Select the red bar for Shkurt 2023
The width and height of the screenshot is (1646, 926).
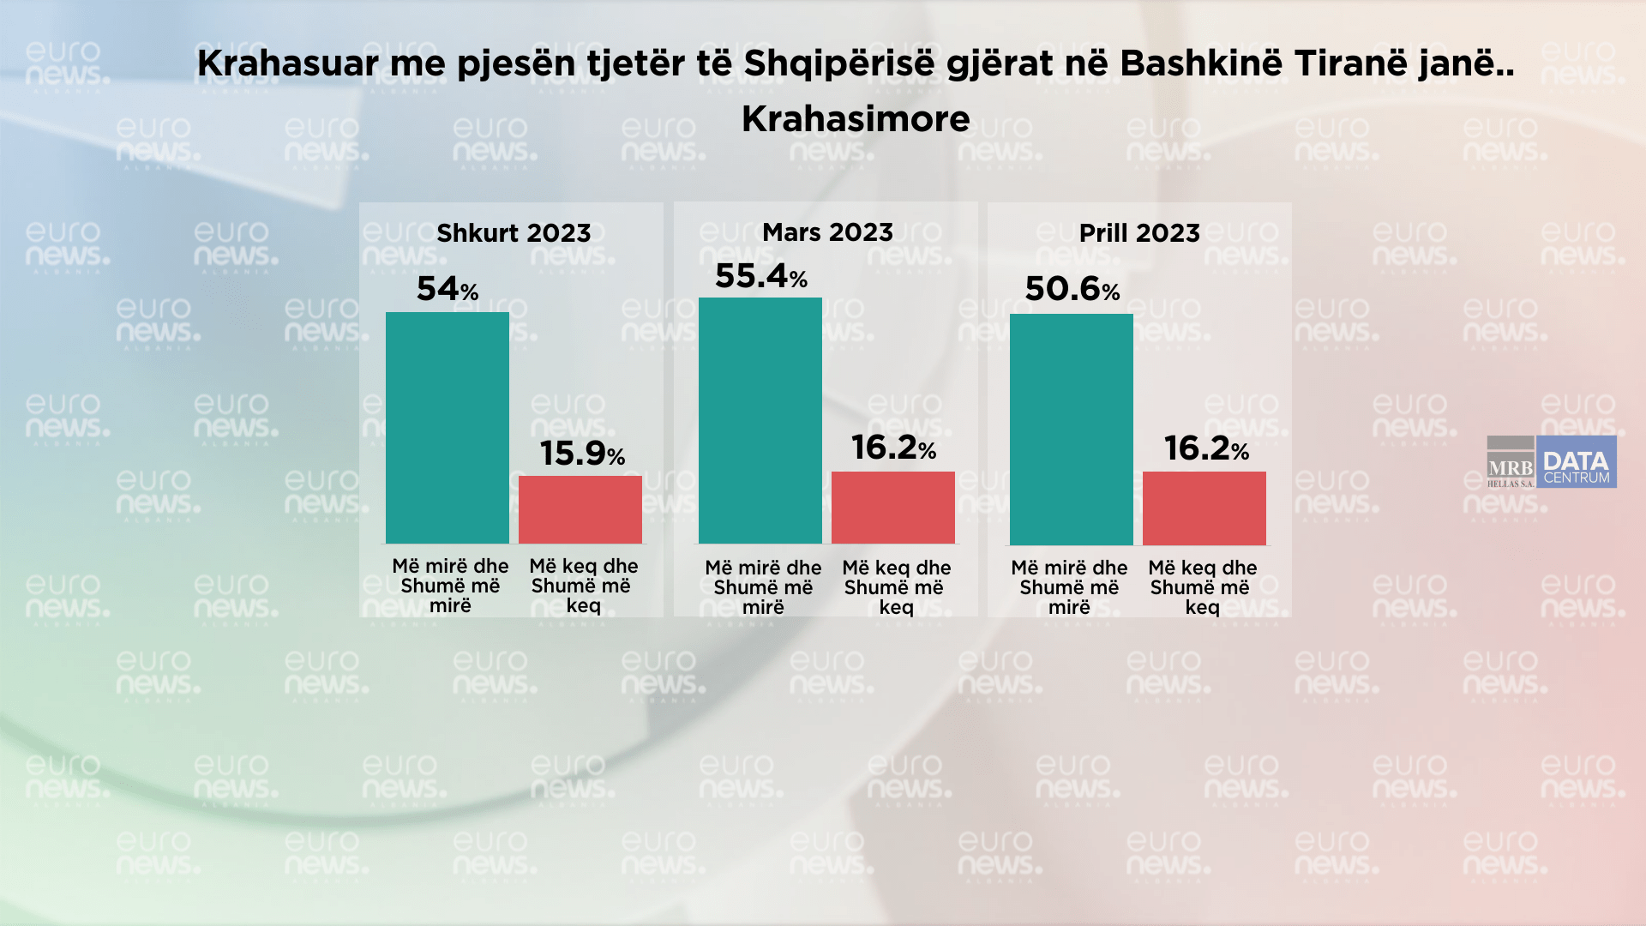coord(580,509)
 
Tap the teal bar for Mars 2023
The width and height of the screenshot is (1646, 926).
coord(760,420)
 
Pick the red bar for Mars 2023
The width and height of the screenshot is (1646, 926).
coord(892,507)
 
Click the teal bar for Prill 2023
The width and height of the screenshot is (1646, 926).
coord(1071,429)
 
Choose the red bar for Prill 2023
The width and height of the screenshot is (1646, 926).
coord(1204,508)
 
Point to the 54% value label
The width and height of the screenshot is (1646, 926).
coord(447,289)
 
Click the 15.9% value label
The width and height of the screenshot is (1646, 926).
coord(582,454)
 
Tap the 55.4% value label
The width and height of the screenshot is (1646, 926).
coord(760,276)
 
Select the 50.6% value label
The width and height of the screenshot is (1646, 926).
coord(1072,289)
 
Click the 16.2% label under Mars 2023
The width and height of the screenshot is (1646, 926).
coord(893,448)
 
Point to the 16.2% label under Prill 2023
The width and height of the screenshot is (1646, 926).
coord(1205,448)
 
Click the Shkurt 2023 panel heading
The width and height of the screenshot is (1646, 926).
coord(514,233)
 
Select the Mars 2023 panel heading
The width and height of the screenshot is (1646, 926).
coord(827,232)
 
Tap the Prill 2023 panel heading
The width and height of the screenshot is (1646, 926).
coord(1139,233)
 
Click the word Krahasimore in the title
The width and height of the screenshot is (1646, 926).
coord(856,119)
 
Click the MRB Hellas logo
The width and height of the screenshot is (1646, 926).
coord(1511,463)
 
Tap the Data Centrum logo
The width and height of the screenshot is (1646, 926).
coord(1576,463)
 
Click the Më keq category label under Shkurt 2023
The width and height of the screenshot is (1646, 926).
coord(583,586)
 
